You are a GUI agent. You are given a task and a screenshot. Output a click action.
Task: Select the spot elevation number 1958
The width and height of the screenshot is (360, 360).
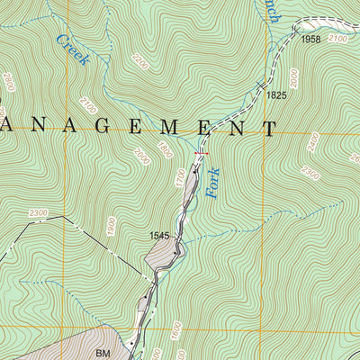[311, 40]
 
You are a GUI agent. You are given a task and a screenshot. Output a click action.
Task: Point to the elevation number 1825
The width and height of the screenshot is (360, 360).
[276, 94]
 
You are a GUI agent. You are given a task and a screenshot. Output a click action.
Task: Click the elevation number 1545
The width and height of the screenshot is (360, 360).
[160, 236]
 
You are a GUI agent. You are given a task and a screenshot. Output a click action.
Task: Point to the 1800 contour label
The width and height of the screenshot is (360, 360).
[164, 149]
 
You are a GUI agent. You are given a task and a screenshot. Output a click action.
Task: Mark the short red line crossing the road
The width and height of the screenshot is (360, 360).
[200, 154]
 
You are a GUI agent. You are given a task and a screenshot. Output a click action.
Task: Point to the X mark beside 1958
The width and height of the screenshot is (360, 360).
[294, 31]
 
